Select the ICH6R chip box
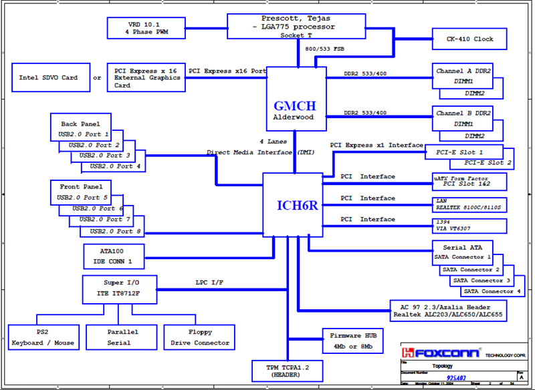click(292, 204)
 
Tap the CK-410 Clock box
click(469, 39)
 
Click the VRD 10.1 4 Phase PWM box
click(146, 27)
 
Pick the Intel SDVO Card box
click(48, 77)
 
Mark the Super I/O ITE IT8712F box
click(121, 288)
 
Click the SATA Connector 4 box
click(492, 291)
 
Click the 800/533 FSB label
click(325, 49)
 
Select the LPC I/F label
click(209, 282)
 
